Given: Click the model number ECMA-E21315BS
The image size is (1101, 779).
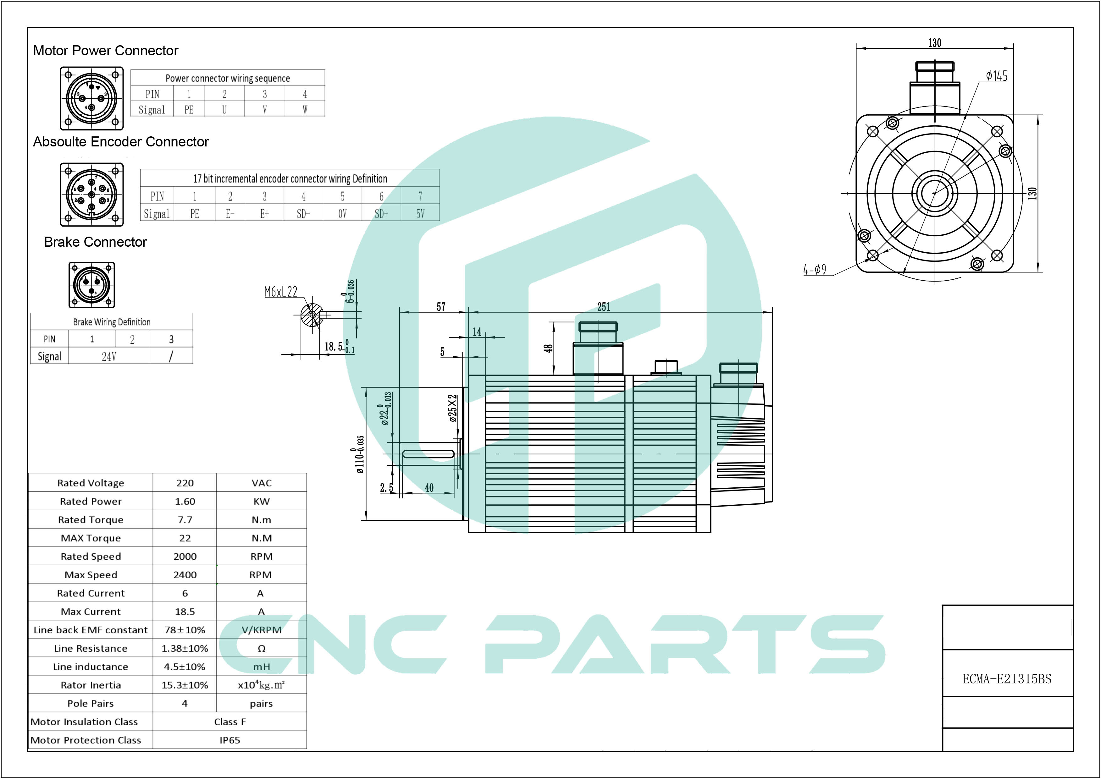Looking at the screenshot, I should coord(1006,679).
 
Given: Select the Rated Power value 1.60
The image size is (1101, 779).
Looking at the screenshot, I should coord(185,501).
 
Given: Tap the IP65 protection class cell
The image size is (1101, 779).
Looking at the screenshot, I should coord(230,740).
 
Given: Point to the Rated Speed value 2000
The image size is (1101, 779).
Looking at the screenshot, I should coord(185,557).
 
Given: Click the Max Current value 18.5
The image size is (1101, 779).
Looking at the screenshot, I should coord(185,612).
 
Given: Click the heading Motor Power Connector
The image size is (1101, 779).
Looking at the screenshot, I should coord(106,50).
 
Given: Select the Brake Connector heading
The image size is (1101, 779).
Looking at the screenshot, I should coord(95,242).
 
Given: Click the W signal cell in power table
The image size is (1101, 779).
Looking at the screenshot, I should coord(305,109).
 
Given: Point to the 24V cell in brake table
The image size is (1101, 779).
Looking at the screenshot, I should coord(109,356).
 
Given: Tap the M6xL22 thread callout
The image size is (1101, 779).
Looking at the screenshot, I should coord(281,292).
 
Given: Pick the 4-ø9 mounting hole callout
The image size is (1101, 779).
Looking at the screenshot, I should coord(815,270).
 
